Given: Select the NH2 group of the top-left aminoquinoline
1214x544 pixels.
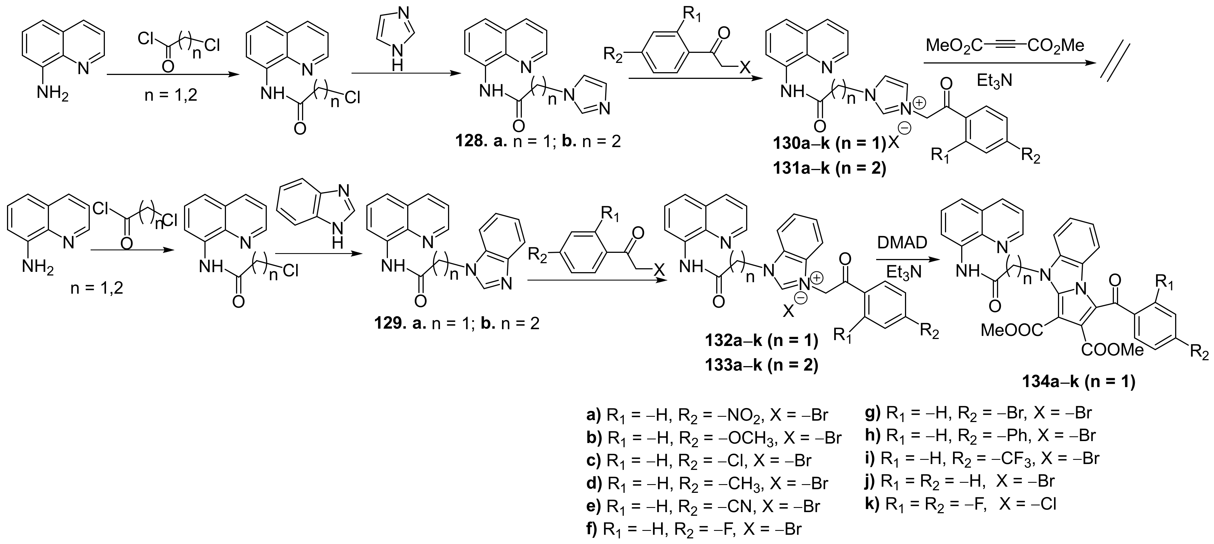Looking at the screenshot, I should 53,94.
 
